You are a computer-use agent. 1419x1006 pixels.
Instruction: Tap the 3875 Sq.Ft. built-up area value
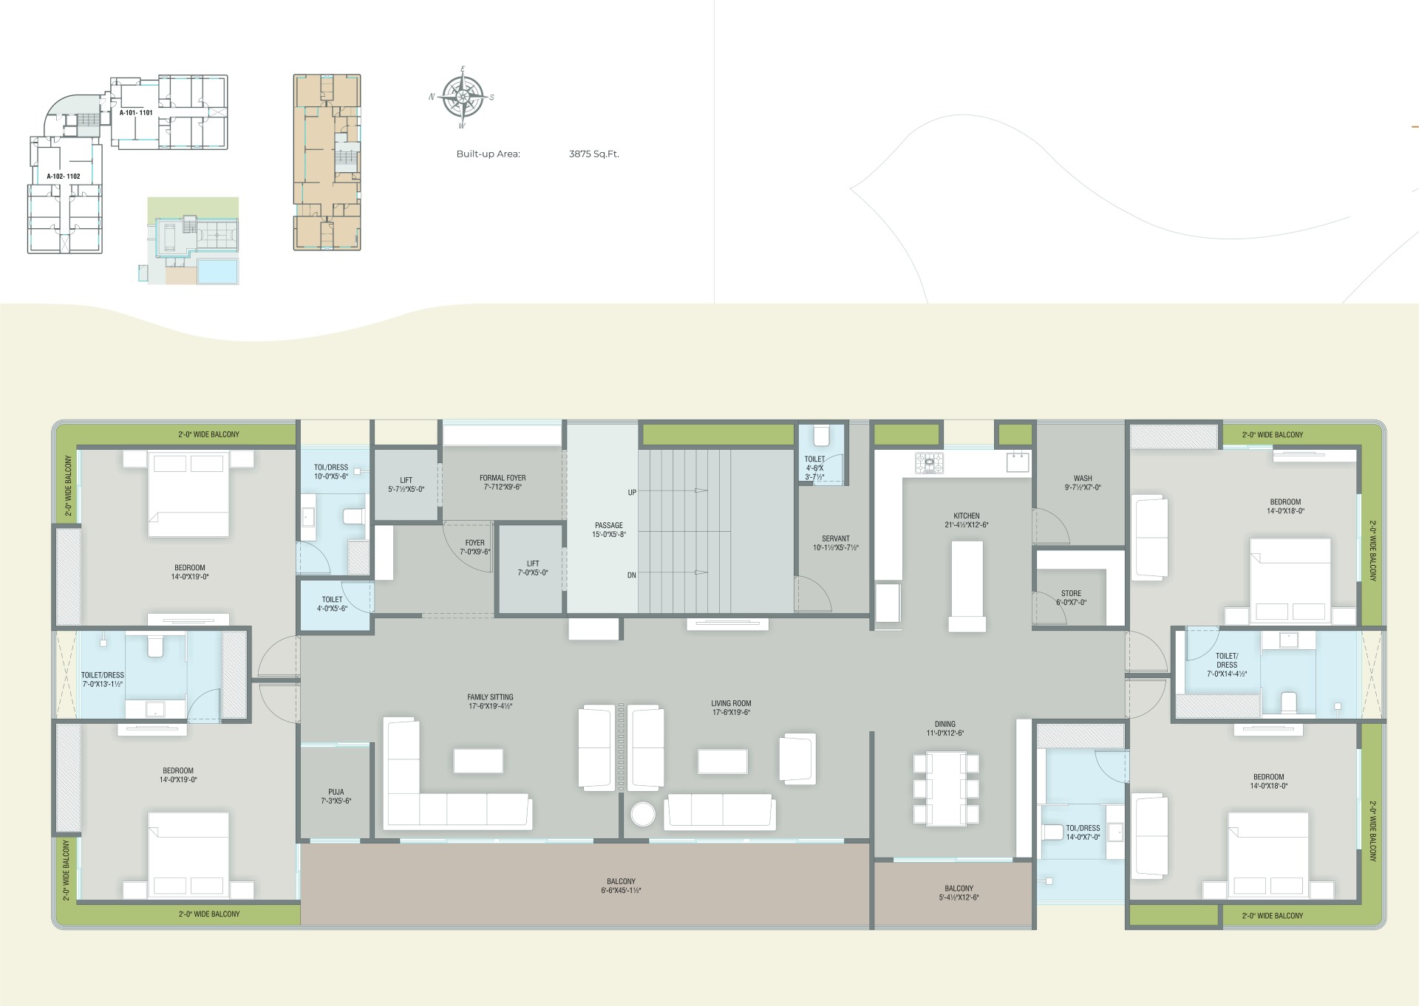593,154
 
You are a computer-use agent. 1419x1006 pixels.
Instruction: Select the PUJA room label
336,792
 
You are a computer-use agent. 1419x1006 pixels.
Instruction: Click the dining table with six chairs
946,788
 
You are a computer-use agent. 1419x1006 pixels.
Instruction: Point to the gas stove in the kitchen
929,463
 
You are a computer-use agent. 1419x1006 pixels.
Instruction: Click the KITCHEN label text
967,516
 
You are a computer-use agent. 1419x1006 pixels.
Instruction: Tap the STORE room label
1071,593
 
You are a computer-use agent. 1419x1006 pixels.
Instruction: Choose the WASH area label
1083,479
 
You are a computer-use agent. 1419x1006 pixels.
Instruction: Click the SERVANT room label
836,538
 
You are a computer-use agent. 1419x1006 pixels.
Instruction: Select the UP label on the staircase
632,493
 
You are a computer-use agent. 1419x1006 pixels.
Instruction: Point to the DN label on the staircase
632,575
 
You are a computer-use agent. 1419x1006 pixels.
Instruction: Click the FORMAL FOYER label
503,478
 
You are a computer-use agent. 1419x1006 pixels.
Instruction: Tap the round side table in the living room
643,815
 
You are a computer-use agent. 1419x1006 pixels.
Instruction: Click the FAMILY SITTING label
490,697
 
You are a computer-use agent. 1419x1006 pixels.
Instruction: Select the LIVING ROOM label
731,704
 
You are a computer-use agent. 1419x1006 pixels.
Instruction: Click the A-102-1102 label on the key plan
64,177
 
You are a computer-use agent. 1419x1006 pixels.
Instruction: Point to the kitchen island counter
967,586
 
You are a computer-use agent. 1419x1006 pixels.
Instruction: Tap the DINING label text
945,725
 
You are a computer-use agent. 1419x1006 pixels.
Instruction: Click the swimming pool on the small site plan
218,270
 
